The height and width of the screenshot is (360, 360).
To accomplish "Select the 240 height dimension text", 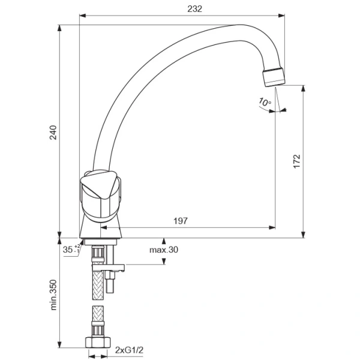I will click(52, 133).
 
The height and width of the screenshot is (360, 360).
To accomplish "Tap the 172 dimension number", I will click(296, 161).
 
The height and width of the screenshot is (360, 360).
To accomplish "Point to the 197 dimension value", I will click(180, 221).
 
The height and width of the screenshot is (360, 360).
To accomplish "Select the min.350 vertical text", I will click(52, 293).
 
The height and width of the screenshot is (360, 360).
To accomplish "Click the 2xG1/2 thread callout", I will click(127, 349).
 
